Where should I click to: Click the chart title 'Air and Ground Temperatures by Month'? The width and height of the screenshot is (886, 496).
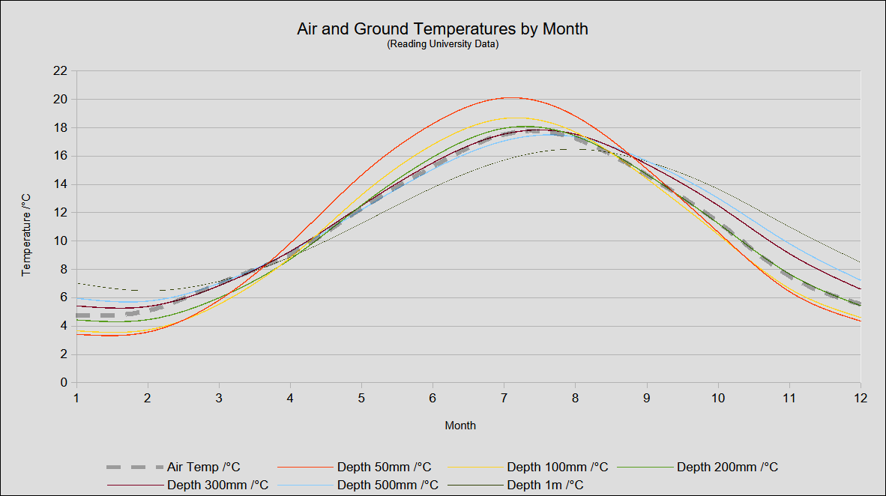click(x=442, y=29)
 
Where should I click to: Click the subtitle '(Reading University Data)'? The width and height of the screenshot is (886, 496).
click(x=442, y=45)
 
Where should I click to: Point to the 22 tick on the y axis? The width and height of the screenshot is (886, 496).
click(x=61, y=71)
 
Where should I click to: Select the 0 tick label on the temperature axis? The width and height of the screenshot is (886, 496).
click(x=64, y=382)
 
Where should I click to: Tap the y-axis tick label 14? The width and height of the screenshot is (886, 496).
click(x=61, y=184)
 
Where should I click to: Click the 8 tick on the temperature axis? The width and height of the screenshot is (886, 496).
click(x=64, y=269)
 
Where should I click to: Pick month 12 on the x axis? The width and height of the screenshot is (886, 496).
click(x=860, y=397)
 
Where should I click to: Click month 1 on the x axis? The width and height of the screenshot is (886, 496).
click(x=76, y=397)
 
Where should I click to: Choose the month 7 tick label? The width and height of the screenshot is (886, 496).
click(x=504, y=397)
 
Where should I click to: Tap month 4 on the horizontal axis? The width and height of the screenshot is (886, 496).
click(x=290, y=397)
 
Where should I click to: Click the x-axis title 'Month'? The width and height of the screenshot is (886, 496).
click(x=460, y=426)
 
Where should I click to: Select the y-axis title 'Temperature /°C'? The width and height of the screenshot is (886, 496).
click(x=26, y=235)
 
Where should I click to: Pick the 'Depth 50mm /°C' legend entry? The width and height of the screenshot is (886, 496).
click(x=384, y=468)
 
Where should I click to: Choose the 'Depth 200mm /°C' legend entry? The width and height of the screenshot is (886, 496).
click(x=727, y=468)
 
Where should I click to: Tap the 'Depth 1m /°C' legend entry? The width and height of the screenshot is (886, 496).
click(x=545, y=486)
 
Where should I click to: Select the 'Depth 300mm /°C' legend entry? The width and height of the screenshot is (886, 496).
click(x=217, y=486)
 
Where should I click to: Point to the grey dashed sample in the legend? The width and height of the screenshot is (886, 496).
click(x=135, y=468)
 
